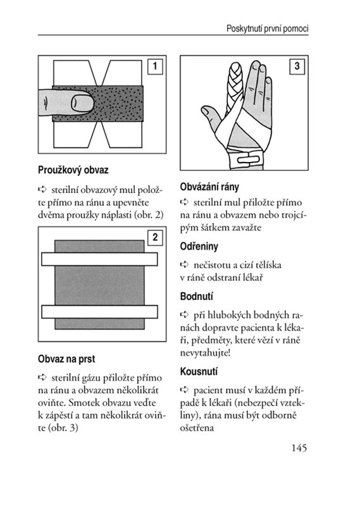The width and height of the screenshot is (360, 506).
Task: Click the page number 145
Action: coord(299,448)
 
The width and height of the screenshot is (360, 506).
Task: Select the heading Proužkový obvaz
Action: coord(73,170)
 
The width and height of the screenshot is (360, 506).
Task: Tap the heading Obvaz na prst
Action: coord(66,359)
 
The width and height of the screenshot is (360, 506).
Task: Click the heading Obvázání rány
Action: coord(209,187)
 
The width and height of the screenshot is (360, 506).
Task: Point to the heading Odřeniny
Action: coord(199,247)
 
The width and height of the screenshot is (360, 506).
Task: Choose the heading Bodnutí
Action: coord(196,296)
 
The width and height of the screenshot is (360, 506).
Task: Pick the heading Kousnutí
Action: coord(199,371)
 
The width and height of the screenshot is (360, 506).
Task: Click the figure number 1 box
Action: coord(155,66)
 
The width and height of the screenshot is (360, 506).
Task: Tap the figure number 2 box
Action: coord(155,238)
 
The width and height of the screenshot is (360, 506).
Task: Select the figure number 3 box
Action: coord(297,66)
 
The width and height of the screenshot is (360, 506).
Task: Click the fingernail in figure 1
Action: coord(82,103)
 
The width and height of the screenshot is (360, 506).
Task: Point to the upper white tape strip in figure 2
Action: coord(99,259)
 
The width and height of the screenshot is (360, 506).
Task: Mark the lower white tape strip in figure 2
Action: coord(99,312)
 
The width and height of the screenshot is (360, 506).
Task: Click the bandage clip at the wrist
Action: coord(247,159)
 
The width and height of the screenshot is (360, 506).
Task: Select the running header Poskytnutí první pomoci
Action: coord(268,28)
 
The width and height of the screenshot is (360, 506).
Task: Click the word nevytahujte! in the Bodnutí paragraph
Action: coord(205,353)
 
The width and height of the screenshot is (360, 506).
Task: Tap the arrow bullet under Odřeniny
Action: coord(184,264)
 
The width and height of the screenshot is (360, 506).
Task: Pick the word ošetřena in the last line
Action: coord(197,428)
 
